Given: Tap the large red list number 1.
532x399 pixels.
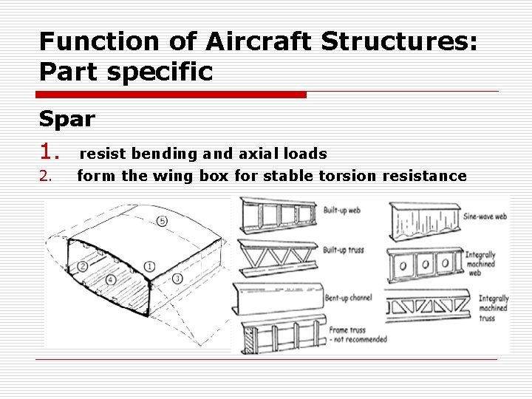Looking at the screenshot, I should pos(50,152).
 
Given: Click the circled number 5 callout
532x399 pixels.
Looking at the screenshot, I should pos(162,221).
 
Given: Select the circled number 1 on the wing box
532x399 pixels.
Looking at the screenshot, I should pos(149,265).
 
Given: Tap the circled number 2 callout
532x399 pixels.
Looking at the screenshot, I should pos(82,265).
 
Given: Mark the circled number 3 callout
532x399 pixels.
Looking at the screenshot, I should pos(177,279).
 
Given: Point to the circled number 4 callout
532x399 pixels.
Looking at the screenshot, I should pos(110,280).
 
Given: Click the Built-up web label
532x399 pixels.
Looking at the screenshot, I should pos(342,211).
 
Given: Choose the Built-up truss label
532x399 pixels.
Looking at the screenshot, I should pos(344,250).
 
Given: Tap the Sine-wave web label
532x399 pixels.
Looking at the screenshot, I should pos(485,218).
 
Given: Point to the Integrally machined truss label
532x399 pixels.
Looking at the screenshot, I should pos(493,307).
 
